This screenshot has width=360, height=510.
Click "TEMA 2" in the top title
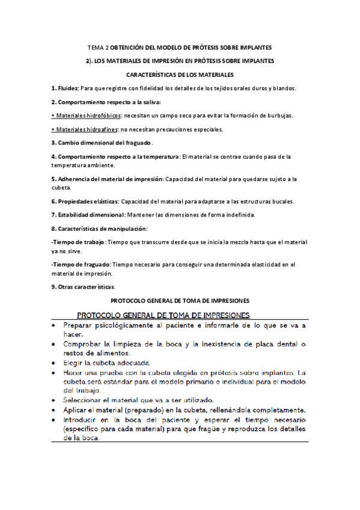click(99, 47)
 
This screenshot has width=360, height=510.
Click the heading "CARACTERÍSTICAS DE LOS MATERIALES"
click(180, 75)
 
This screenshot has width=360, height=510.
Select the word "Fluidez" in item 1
click(67, 88)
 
